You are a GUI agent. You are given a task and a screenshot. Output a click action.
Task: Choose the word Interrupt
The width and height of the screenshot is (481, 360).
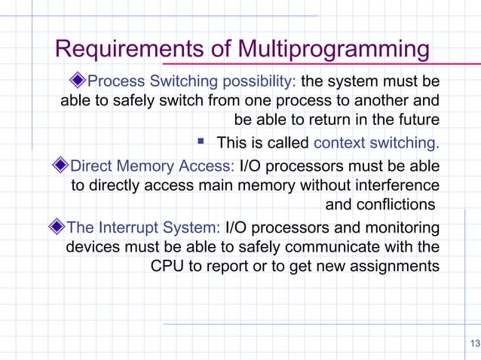133,227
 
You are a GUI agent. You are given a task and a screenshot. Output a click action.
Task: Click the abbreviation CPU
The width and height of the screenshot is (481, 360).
167,266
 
